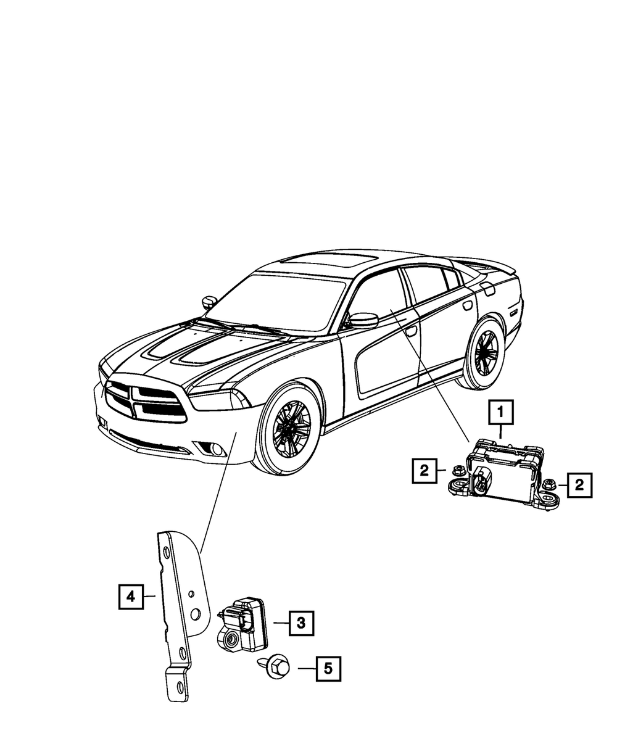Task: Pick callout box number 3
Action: [x=300, y=623]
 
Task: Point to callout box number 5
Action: [x=328, y=668]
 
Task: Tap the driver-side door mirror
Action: [x=363, y=320]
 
